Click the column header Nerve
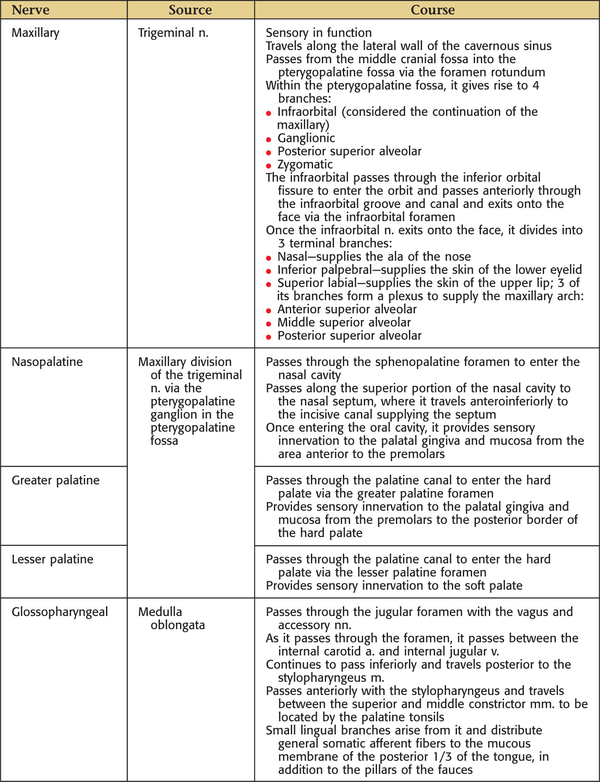point(30,10)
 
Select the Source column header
point(190,10)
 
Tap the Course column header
point(433,10)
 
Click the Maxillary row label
point(35,33)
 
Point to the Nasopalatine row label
point(47,362)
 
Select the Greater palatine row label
point(56,480)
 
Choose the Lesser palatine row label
point(53,559)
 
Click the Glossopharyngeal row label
point(60,612)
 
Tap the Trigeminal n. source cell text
point(173,33)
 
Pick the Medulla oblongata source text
point(172,618)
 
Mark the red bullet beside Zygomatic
point(269,166)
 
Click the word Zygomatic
point(305,165)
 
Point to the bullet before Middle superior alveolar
point(269,324)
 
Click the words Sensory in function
point(319,33)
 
